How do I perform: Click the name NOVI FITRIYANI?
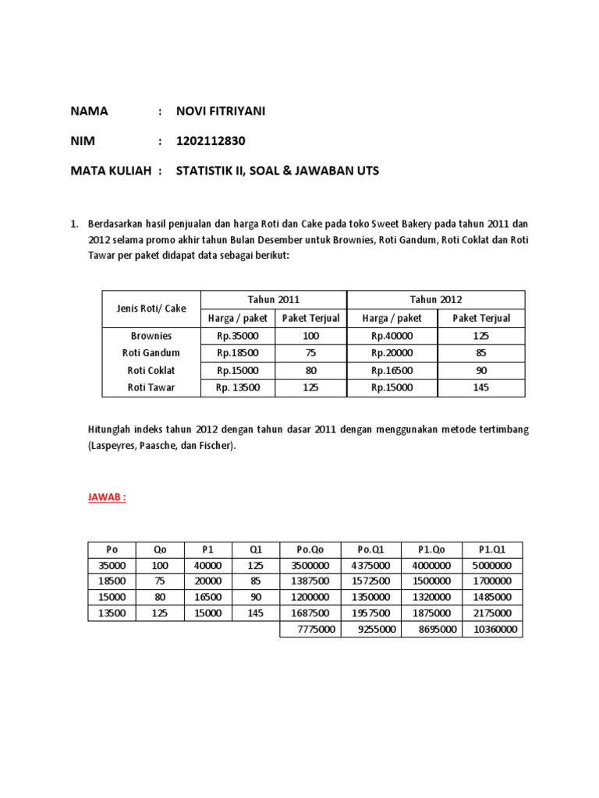pyautogui.click(x=220, y=111)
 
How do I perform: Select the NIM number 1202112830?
pyautogui.click(x=215, y=141)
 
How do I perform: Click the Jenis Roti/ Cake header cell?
pyautogui.click(x=151, y=309)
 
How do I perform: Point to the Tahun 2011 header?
pyautogui.click(x=273, y=299)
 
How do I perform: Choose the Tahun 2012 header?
pyautogui.click(x=435, y=299)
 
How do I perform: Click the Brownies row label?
pyautogui.click(x=151, y=336)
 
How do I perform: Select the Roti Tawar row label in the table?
pyautogui.click(x=151, y=387)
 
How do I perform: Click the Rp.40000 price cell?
pyautogui.click(x=392, y=336)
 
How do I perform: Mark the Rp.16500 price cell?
pyautogui.click(x=392, y=370)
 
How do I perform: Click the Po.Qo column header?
pyautogui.click(x=310, y=549)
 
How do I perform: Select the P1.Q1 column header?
pyautogui.click(x=492, y=549)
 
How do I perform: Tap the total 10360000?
pyautogui.click(x=495, y=629)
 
